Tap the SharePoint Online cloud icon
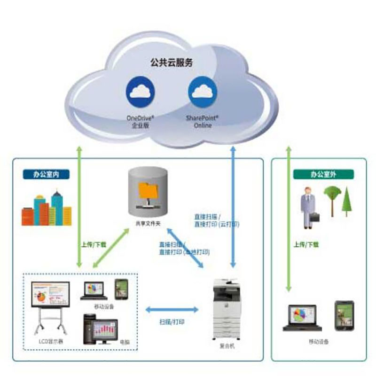pyautogui.click(x=203, y=93)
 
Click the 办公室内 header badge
pyautogui.click(x=46, y=174)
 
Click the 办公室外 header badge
pyautogui.click(x=323, y=174)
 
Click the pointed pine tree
pyautogui.click(x=347, y=201)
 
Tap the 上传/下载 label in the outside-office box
pyautogui.click(x=306, y=244)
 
